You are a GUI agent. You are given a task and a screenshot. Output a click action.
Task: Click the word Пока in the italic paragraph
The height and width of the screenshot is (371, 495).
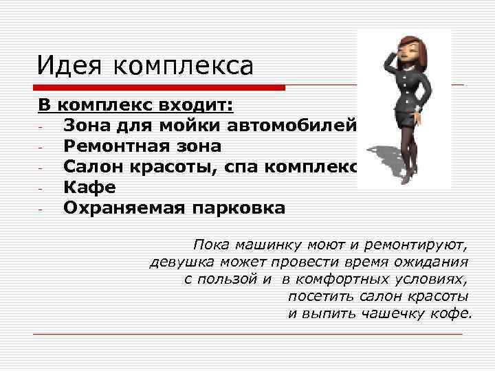click(x=212, y=245)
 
